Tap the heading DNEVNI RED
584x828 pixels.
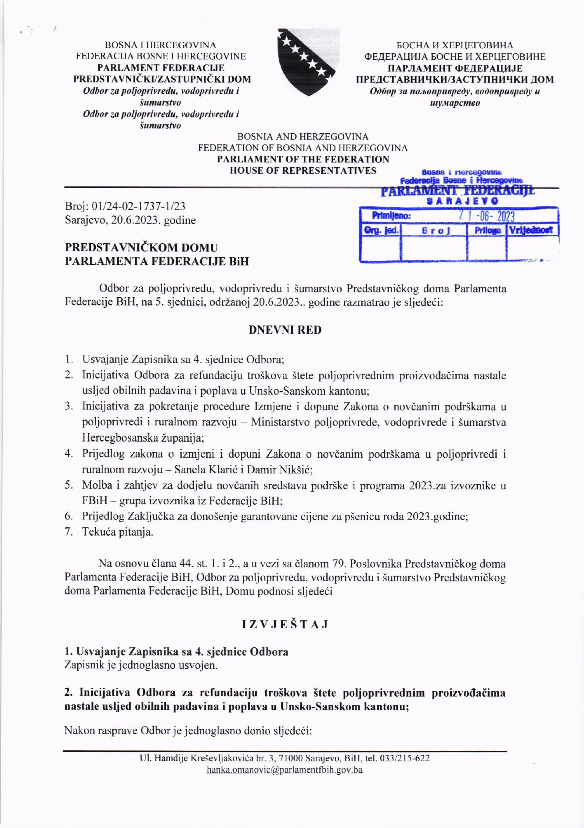285,330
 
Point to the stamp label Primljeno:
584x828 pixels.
391,216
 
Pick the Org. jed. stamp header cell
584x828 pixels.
381,230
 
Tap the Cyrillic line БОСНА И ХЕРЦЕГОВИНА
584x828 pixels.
454,45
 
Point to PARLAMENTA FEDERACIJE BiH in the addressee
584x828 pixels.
157,261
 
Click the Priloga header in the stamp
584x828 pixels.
487,230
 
